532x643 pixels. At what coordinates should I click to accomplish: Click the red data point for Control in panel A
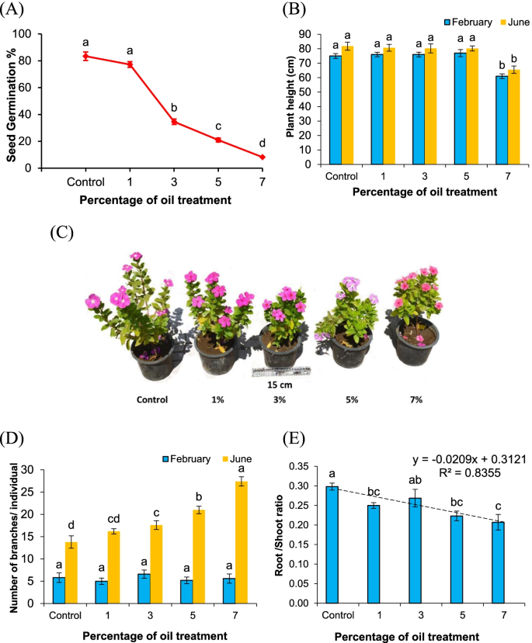coord(86,56)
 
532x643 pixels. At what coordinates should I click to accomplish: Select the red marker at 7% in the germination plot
coord(263,157)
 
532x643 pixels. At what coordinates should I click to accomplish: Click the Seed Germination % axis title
coord(12,101)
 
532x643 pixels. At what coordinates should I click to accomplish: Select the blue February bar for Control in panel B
coord(336,110)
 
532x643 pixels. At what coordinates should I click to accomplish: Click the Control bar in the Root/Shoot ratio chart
coord(332,544)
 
